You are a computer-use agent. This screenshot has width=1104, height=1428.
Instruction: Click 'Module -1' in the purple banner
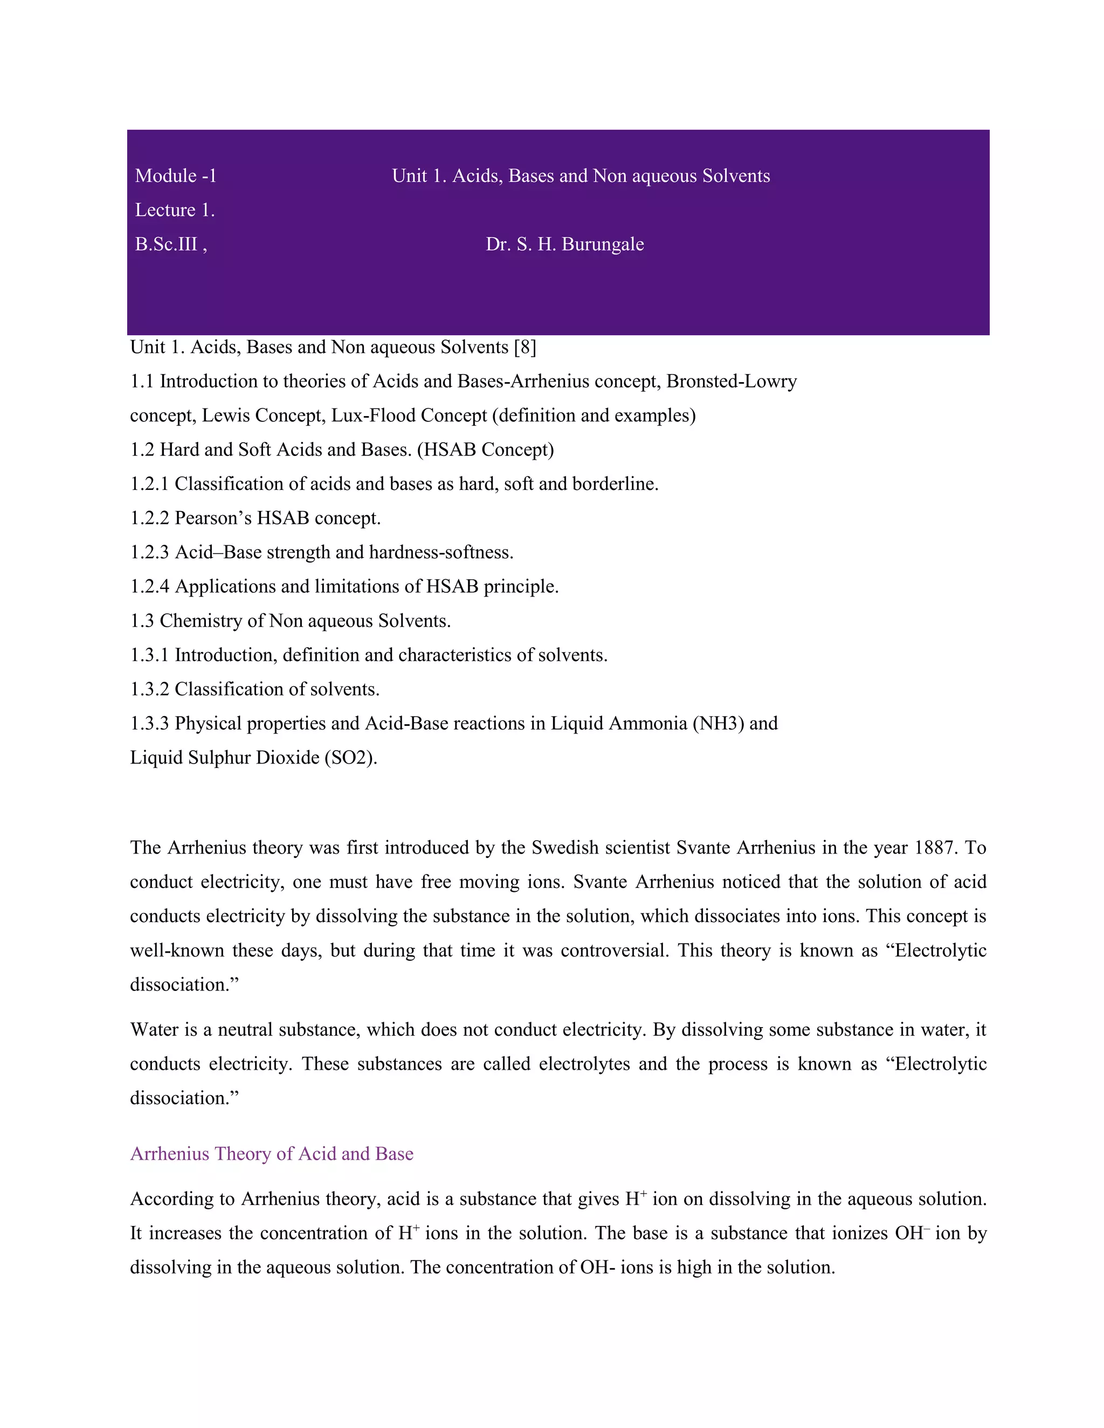pyautogui.click(x=175, y=176)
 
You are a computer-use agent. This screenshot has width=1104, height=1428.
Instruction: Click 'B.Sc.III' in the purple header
pyautogui.click(x=166, y=245)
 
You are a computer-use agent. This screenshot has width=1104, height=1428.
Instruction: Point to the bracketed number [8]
pyautogui.click(x=525, y=347)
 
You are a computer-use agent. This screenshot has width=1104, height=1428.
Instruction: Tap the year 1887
pyautogui.click(x=935, y=848)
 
